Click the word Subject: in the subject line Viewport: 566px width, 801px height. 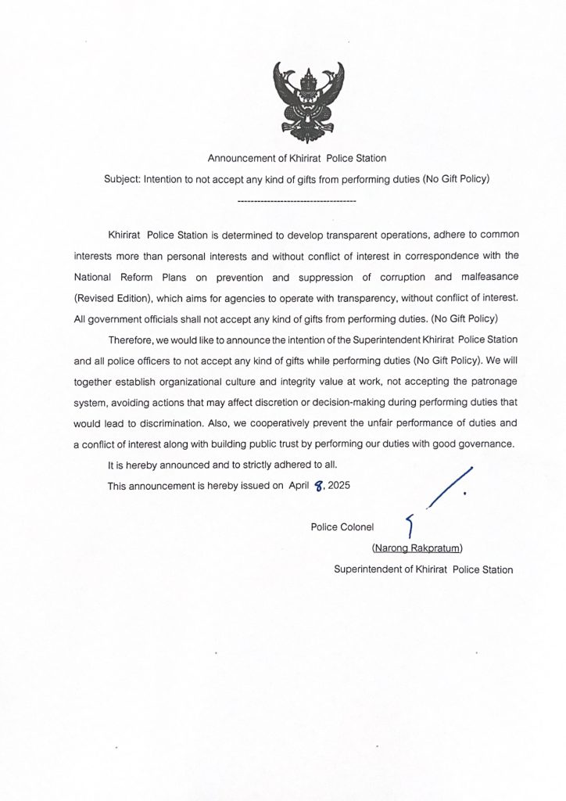pos(122,179)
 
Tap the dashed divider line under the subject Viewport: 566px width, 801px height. pos(296,203)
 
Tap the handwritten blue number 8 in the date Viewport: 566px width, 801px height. pos(317,486)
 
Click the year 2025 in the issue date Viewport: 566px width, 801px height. pos(339,486)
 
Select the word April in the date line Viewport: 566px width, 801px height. pos(299,486)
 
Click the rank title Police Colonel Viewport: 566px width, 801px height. pos(342,526)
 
